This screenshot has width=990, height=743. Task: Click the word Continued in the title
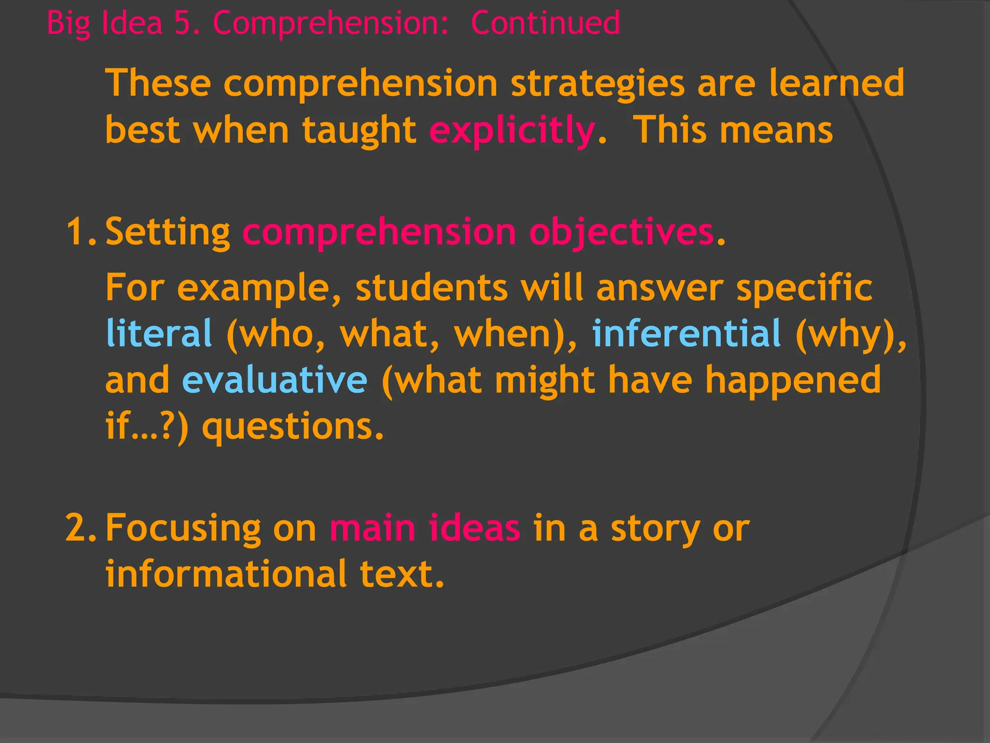point(545,23)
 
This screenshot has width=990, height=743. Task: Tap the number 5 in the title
point(181,23)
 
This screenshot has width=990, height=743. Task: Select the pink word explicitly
point(512,131)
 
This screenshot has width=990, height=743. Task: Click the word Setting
point(167,233)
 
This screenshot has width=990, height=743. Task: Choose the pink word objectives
point(621,233)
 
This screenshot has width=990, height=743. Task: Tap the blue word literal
point(159,333)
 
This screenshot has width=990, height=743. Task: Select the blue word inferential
point(686,333)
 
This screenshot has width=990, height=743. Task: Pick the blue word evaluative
point(275,380)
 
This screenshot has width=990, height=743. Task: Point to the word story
point(655,529)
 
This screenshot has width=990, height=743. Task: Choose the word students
point(432,288)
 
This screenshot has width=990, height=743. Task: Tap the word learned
point(836,83)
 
